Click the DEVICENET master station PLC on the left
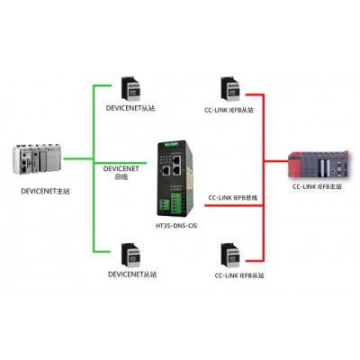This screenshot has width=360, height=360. pyautogui.click(x=37, y=159)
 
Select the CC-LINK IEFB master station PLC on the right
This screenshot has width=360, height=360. pyautogui.click(x=319, y=165)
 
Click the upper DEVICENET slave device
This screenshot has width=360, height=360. pyautogui.click(x=130, y=89)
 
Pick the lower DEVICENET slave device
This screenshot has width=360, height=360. pyautogui.click(x=130, y=255)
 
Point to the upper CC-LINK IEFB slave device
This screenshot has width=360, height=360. pyautogui.click(x=230, y=89)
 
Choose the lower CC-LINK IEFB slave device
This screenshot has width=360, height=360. pyautogui.click(x=230, y=256)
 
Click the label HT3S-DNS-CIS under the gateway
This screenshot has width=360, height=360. pyautogui.click(x=176, y=226)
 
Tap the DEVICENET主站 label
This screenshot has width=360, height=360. pyautogui.click(x=45, y=191)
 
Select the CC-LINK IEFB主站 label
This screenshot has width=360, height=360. pyautogui.click(x=317, y=186)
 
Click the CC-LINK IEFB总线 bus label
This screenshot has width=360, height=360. pyautogui.click(x=233, y=198)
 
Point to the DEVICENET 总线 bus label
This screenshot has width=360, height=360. pyautogui.click(x=121, y=173)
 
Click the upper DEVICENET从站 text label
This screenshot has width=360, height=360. pyautogui.click(x=130, y=108)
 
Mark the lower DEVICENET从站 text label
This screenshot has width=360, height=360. pyautogui.click(x=132, y=274)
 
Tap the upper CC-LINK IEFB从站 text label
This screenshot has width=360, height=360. pyautogui.click(x=229, y=110)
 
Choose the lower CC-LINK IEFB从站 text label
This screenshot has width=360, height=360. pyautogui.click(x=239, y=275)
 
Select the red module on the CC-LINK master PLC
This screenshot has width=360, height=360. pyautogui.click(x=294, y=165)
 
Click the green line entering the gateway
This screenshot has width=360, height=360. pyautogui.click(x=121, y=163)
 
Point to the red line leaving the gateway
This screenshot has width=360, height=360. pyautogui.click(x=234, y=205)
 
